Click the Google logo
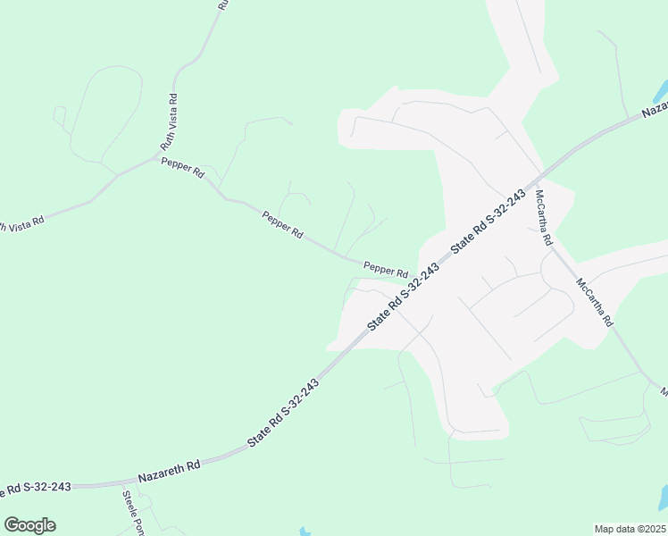click(29, 525)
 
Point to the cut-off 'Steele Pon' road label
click(133, 512)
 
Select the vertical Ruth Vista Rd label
click(168, 121)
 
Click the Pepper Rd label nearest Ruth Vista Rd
click(182, 167)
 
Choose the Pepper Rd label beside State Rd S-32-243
click(386, 267)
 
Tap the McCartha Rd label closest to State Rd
click(545, 218)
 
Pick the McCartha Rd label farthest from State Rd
click(595, 302)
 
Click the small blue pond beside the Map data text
click(662, 497)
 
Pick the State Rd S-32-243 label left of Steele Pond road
click(36, 488)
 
